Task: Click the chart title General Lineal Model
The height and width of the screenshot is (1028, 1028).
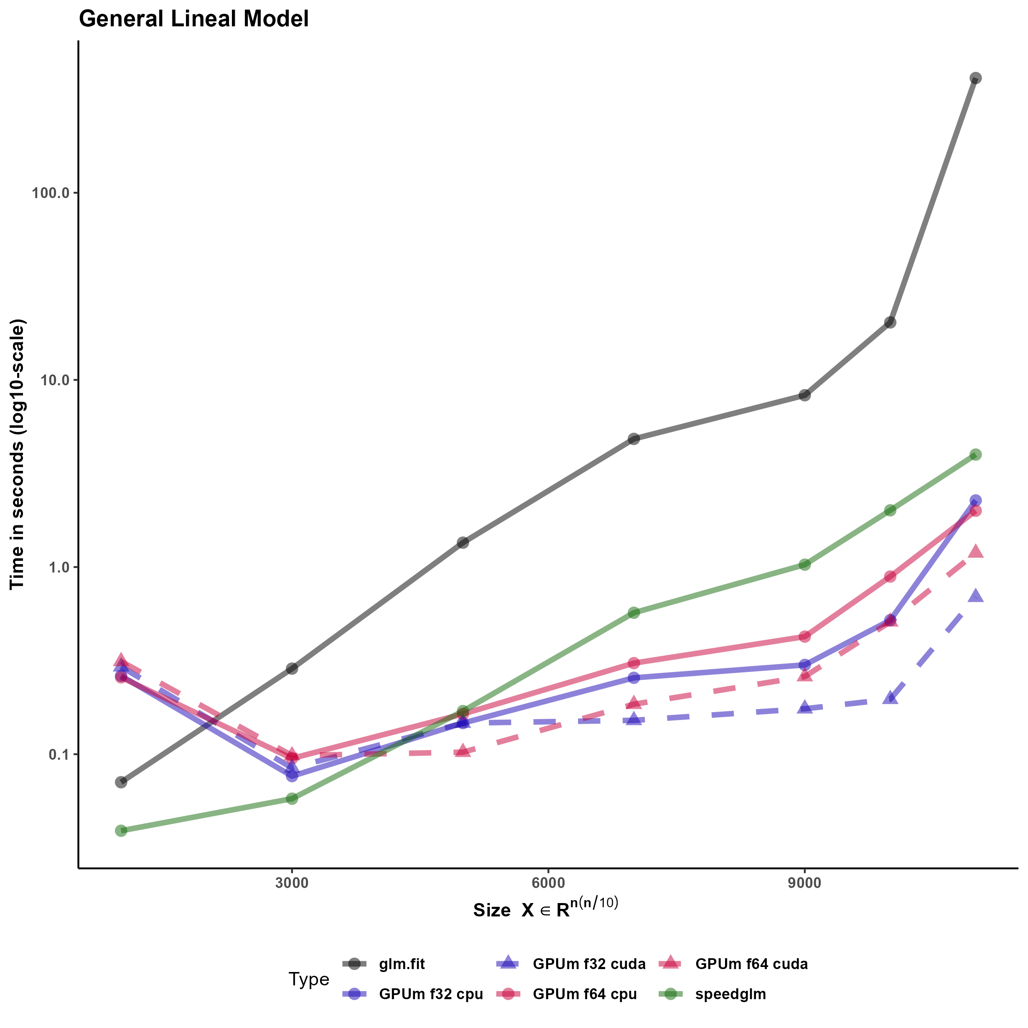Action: tap(193, 19)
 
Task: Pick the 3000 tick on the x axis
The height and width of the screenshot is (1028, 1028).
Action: tap(292, 883)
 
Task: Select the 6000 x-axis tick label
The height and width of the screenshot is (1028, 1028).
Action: tap(548, 883)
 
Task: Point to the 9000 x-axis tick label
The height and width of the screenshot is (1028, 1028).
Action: tap(804, 883)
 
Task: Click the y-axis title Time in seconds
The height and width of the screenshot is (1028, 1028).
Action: tap(17, 454)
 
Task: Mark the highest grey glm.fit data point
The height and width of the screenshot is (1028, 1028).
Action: tap(975, 78)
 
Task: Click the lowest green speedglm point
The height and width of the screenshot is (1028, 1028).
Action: tap(121, 831)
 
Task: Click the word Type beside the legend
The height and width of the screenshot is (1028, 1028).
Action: tap(309, 979)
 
